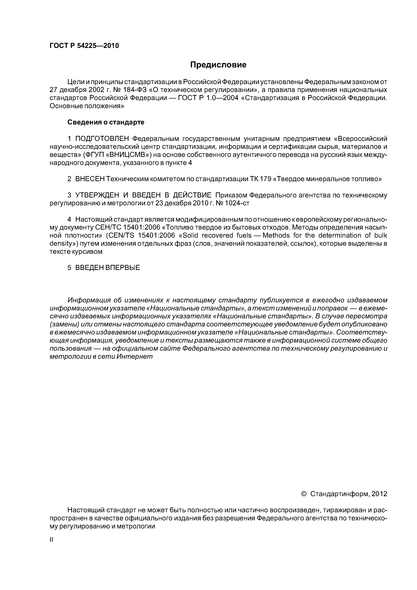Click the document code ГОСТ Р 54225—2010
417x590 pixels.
[x=84, y=46]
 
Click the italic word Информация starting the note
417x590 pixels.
[x=89, y=300]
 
